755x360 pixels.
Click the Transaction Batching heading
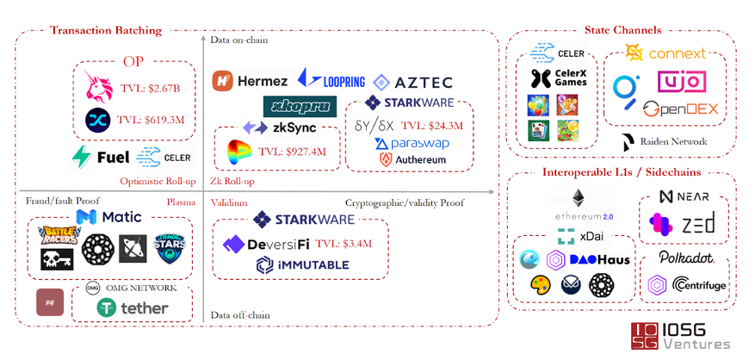106,31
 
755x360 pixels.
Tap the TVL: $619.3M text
151,121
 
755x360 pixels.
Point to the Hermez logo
251,81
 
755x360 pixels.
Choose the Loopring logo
331,81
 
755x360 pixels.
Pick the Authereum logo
410,159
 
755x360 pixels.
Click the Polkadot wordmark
686,258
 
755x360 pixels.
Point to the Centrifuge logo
687,283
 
